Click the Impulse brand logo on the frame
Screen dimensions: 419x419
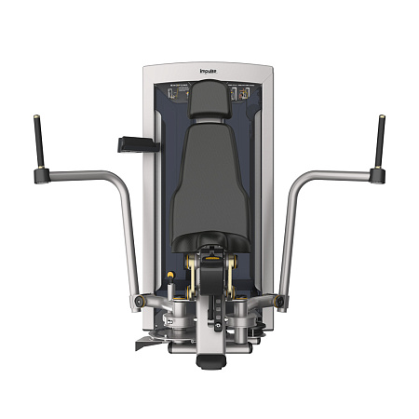(209, 67)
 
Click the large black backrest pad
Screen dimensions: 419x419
(209, 186)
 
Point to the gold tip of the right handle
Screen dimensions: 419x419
(381, 116)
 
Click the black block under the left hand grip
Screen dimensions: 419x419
(42, 174)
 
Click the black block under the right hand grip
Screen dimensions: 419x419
(377, 174)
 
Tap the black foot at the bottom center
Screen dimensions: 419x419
(209, 358)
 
